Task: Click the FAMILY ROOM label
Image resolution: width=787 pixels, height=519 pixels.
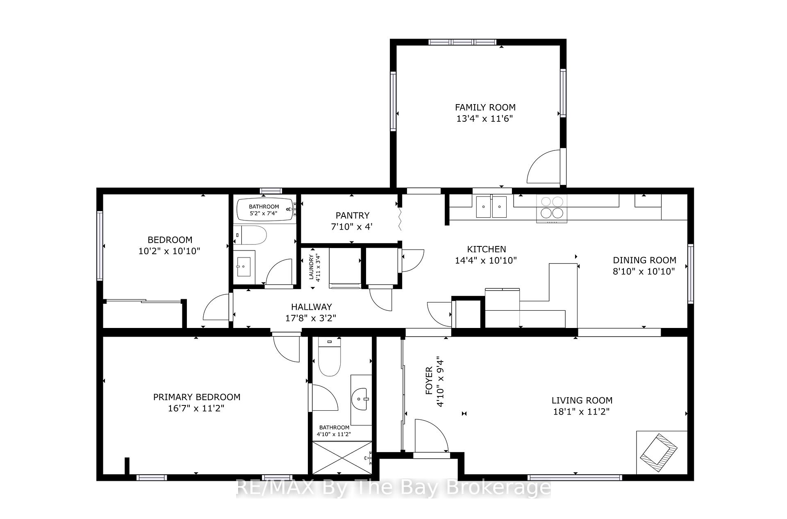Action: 485,107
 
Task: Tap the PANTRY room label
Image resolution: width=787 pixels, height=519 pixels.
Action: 353,215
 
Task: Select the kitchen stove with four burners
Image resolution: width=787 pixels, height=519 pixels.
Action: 552,208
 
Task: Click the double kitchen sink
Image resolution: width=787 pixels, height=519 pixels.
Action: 491,206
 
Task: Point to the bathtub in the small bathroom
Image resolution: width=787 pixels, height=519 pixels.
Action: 264,210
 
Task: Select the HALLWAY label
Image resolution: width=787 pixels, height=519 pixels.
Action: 312,307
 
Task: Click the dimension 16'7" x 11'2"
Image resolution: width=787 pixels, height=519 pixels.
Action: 196,408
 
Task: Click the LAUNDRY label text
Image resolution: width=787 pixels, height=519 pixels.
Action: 312,267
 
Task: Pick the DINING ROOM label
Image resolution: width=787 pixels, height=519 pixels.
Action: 644,260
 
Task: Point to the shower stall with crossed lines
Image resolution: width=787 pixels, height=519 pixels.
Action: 342,458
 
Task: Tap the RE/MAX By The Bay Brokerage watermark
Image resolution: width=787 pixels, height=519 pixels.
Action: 393,487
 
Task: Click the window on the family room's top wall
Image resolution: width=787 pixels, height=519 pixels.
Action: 462,42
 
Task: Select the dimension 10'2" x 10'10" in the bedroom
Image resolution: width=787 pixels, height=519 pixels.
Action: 169,251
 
